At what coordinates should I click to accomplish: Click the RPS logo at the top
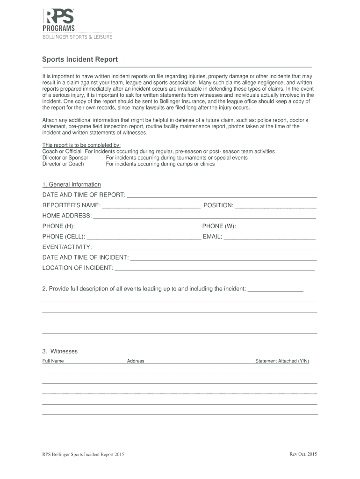59,16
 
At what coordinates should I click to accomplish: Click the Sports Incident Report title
80,59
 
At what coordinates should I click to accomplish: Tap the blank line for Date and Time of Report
222,195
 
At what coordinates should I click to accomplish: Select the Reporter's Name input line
151,205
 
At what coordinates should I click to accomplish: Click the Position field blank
276,205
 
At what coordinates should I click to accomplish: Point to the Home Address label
67,216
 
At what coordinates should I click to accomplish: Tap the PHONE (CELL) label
64,237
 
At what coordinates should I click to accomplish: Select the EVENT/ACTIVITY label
67,247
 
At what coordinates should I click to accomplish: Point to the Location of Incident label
78,268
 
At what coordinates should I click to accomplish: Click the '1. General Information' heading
72,184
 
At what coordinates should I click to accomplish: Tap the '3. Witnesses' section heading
60,351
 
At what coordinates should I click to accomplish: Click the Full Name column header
53,361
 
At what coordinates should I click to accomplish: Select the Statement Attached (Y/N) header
282,361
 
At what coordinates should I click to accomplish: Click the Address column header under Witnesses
136,361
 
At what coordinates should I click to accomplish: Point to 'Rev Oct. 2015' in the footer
303,454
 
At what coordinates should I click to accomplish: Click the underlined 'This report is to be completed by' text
82,145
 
